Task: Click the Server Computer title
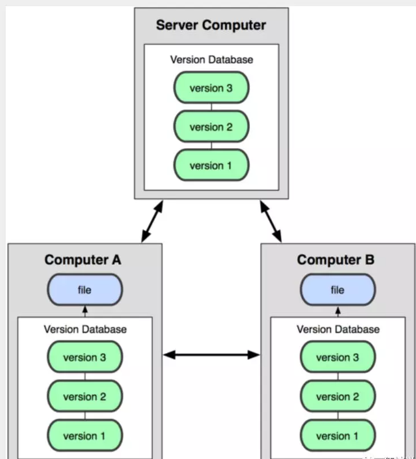pos(211,25)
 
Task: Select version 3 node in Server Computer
pos(211,88)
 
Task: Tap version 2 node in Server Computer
pos(211,126)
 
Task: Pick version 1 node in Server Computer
pos(211,165)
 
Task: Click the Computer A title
pos(83,260)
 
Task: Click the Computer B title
pos(336,260)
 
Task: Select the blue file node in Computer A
pos(85,289)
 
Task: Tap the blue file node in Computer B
pos(338,289)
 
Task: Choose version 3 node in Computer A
pos(85,357)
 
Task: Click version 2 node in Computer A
pos(85,396)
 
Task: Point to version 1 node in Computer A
pos(85,435)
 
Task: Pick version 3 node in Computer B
pos(338,357)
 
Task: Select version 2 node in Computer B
pos(338,396)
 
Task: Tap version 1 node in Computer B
pos(338,435)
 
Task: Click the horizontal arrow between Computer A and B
pos(211,355)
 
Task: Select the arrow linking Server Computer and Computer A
pos(152,222)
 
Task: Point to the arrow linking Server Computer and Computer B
pos(271,222)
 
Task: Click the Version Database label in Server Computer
pos(212,60)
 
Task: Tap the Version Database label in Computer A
pos(85,329)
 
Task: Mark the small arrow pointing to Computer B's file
pos(338,312)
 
